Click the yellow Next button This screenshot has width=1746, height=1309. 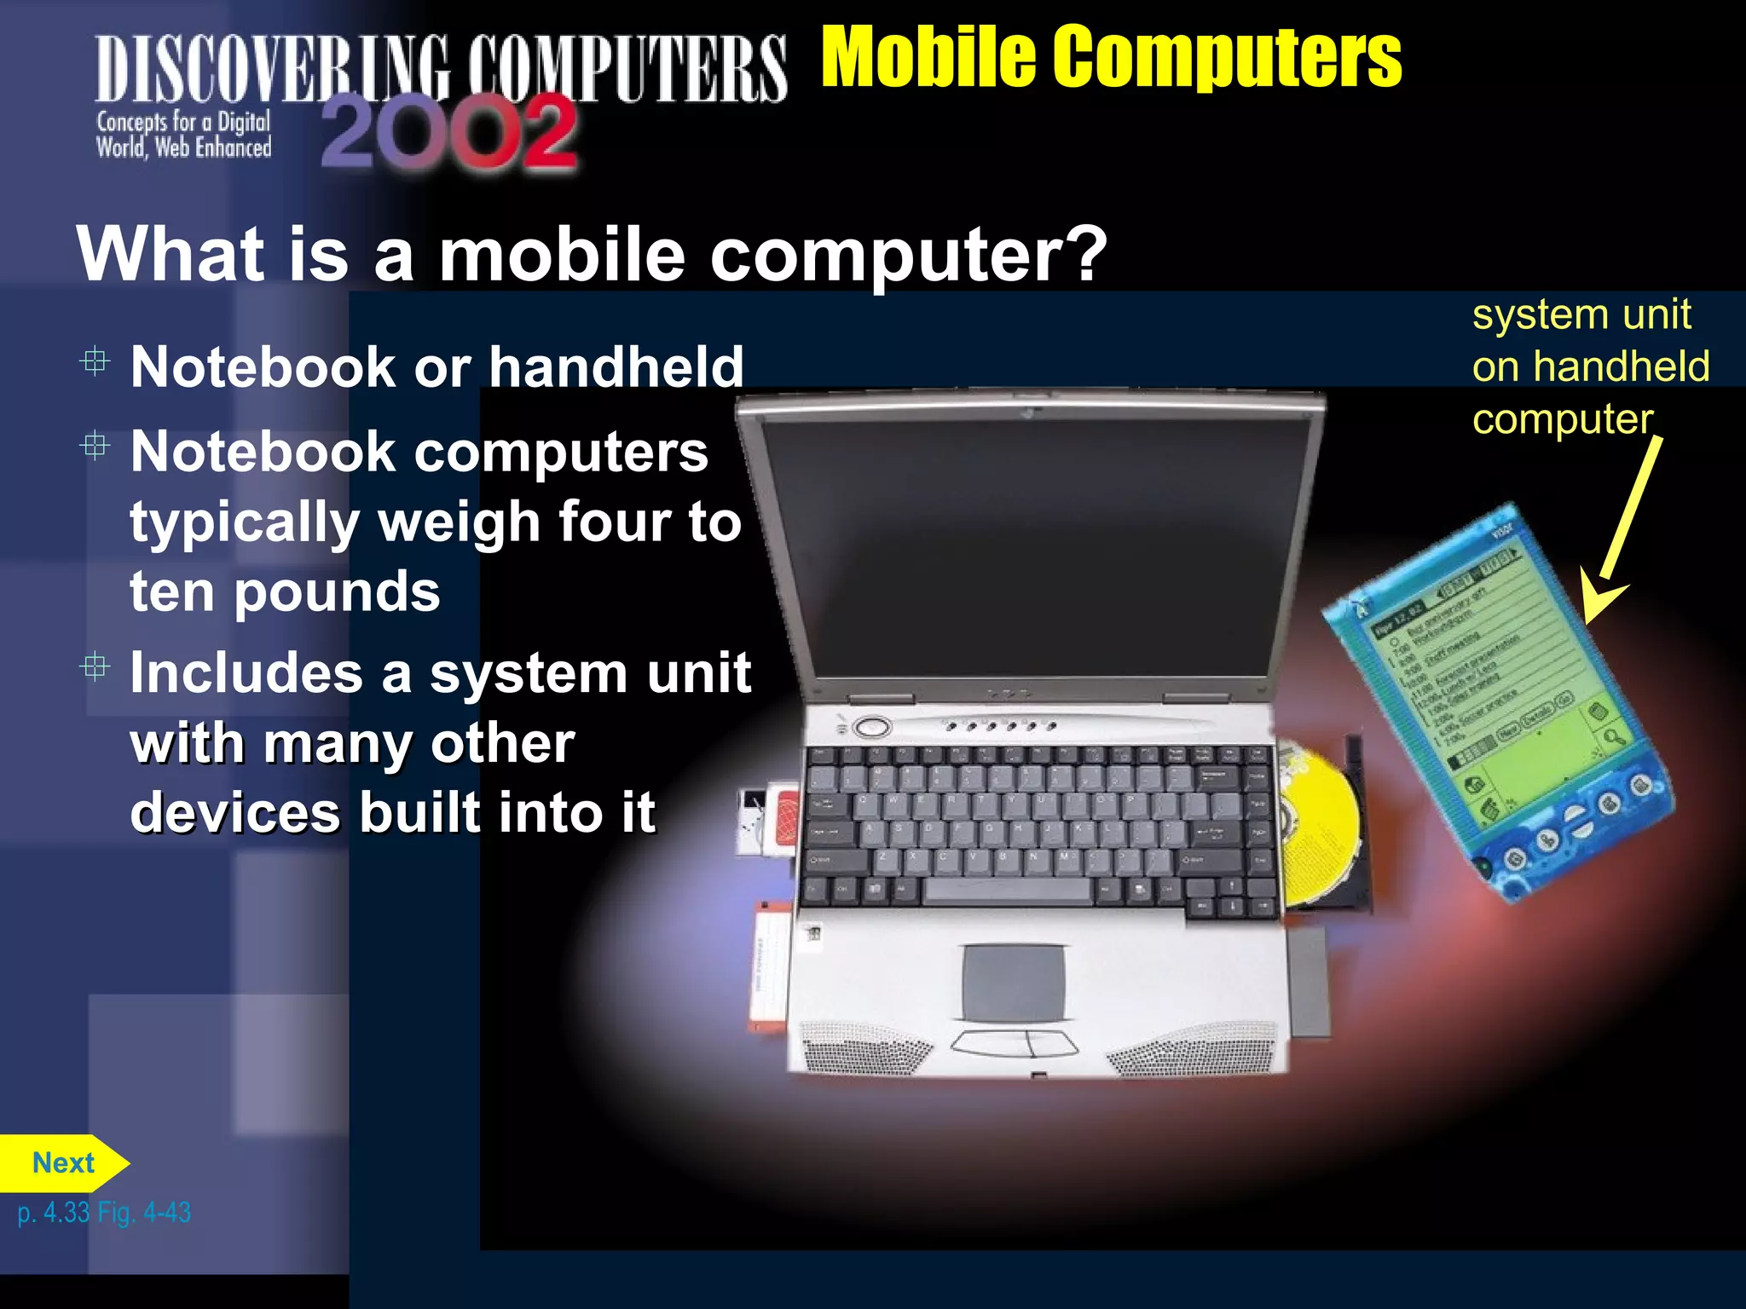click(63, 1163)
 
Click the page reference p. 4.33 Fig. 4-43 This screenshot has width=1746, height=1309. click(104, 1213)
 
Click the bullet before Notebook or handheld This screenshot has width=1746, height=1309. click(95, 363)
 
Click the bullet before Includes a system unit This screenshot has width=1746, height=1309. click(95, 666)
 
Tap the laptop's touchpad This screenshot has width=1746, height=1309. click(1014, 982)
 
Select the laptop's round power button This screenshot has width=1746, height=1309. click(871, 727)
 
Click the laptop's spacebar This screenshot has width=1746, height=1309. click(1007, 891)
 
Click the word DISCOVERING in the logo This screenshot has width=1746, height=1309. click(273, 68)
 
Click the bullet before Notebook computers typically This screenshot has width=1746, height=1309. click(95, 446)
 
